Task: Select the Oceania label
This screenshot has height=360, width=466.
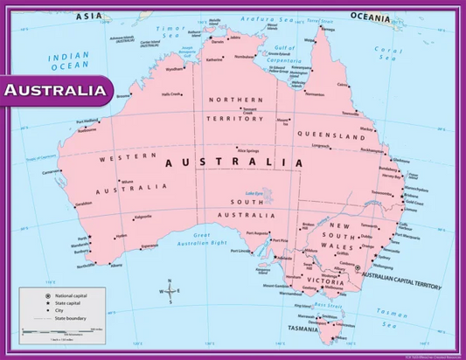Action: click(x=372, y=16)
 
